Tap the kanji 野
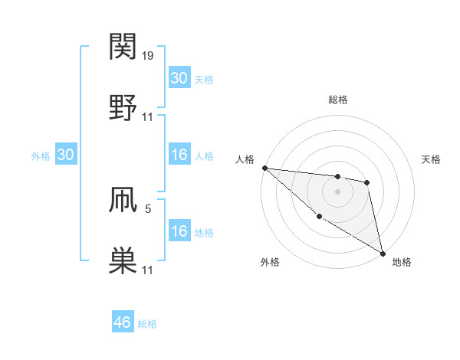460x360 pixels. coord(123,107)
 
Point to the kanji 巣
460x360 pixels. coord(123,260)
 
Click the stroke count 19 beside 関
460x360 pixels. coord(148,56)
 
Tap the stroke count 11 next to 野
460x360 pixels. coord(148,117)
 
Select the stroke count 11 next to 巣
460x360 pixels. coord(148,270)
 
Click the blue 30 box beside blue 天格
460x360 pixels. coord(179,78)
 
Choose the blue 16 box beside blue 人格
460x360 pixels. coord(179,155)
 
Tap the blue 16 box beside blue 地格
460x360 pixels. coord(179,232)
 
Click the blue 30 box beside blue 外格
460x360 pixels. coord(66,155)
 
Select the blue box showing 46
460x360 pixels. coord(123,322)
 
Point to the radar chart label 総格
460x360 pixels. coord(338,100)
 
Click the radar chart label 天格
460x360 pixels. coord(432,159)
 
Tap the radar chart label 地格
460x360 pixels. coord(402,262)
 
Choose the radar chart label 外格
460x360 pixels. coord(270,262)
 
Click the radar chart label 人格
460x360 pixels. coord(244,159)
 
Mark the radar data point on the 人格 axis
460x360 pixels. coord(264,168)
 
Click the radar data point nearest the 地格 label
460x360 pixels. coord(382,253)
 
